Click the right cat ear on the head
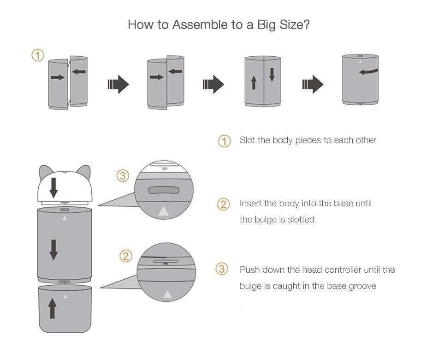coord(83,174)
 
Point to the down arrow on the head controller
coord(54,187)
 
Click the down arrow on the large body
coord(53,249)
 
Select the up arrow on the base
coord(53,308)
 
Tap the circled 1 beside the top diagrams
coord(38,56)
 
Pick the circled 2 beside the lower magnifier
coord(126,256)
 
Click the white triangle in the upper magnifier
coord(163,211)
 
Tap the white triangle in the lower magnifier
coord(167,294)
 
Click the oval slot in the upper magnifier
coord(164,189)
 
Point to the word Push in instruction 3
coord(249,270)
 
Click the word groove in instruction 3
coord(363,286)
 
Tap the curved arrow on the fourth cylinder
coord(368,72)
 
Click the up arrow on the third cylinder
coord(254,83)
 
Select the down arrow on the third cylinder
coord(272,74)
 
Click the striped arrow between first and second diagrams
coord(118,84)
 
